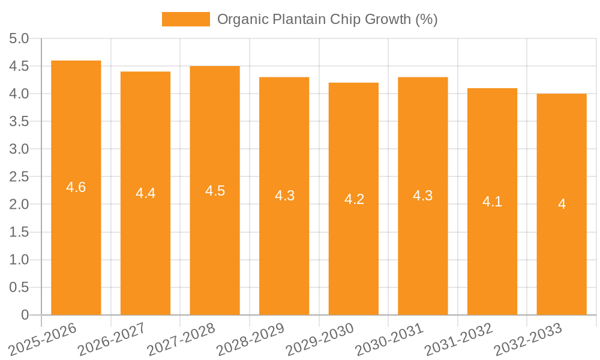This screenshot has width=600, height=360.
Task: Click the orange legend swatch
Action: click(x=186, y=19)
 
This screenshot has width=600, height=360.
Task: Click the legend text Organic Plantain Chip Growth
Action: click(x=327, y=19)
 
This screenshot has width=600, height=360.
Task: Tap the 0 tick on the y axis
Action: click(x=25, y=315)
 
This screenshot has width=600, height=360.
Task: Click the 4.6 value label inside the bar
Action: click(x=76, y=187)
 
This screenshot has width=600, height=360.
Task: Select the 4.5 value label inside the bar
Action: click(x=215, y=191)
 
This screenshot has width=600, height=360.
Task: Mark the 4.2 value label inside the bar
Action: click(x=354, y=199)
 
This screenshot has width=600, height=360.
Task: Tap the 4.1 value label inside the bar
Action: click(x=492, y=202)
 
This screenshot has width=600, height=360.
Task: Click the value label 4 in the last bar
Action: click(x=562, y=204)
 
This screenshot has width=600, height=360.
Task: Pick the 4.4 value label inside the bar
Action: click(x=145, y=193)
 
